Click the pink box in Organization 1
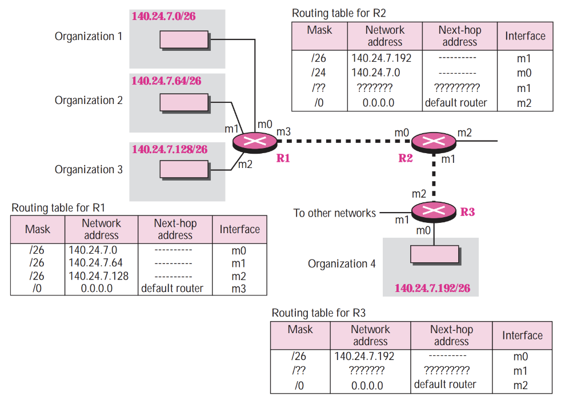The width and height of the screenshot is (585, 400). pyautogui.click(x=183, y=39)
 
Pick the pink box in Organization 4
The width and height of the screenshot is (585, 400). pyautogui.click(x=434, y=254)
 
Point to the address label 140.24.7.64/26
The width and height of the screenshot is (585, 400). pyautogui.click(x=166, y=81)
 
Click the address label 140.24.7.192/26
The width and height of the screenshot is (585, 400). pyautogui.click(x=432, y=287)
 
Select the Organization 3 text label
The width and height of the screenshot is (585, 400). pyautogui.click(x=89, y=170)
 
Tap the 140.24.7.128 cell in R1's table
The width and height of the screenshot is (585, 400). pyautogui.click(x=98, y=276)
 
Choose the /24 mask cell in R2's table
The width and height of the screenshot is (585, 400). pyautogui.click(x=319, y=73)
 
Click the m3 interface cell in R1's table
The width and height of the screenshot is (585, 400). pyautogui.click(x=239, y=289)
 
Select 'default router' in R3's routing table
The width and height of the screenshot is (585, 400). pyautogui.click(x=445, y=385)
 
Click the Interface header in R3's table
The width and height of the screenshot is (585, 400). pyautogui.click(x=522, y=335)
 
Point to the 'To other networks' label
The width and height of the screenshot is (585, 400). pyautogui.click(x=334, y=213)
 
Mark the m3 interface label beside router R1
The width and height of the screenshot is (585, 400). pyautogui.click(x=284, y=132)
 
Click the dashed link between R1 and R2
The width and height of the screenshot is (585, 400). pyautogui.click(x=343, y=141)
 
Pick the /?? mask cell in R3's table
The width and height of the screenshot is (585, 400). pyautogui.click(x=299, y=370)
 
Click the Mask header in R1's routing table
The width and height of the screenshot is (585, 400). pyautogui.click(x=38, y=229)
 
